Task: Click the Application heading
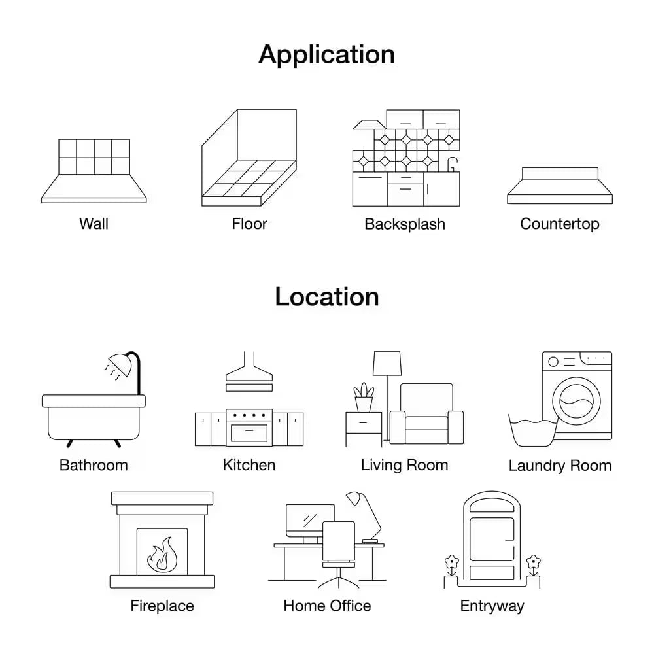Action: (326, 55)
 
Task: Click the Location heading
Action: (327, 297)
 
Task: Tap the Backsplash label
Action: (405, 224)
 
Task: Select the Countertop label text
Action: (560, 224)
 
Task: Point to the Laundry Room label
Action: (560, 466)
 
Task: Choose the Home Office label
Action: (327, 606)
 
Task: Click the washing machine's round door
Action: (576, 402)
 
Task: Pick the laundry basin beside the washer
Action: (533, 432)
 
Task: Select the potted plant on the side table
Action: (364, 398)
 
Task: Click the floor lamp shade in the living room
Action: (387, 363)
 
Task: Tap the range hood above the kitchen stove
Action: (249, 371)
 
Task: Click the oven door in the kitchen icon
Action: (249, 433)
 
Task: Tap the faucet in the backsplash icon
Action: (453, 164)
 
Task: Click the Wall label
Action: (94, 224)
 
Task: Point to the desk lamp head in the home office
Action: (354, 498)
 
